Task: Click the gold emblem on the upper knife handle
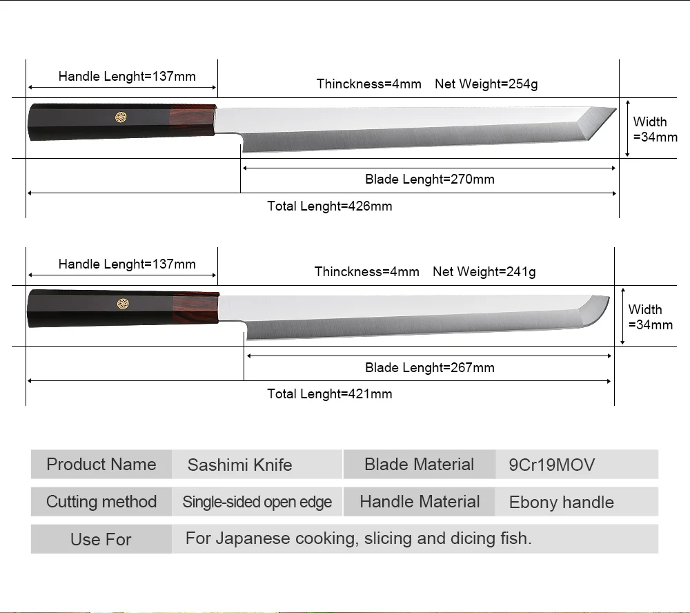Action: (121, 117)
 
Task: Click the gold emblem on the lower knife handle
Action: (123, 303)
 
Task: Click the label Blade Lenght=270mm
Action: (429, 179)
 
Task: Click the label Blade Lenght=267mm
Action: (429, 367)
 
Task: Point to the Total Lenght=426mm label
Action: (329, 206)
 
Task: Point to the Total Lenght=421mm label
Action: (329, 393)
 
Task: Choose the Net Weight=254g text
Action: (486, 84)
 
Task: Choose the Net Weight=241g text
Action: (484, 272)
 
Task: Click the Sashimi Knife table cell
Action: (239, 465)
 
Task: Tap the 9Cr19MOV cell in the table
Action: (551, 465)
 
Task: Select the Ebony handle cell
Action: (561, 503)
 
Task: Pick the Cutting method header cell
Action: (101, 502)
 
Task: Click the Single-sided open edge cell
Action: (257, 503)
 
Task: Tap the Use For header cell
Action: (101, 539)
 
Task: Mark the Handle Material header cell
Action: (420, 502)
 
